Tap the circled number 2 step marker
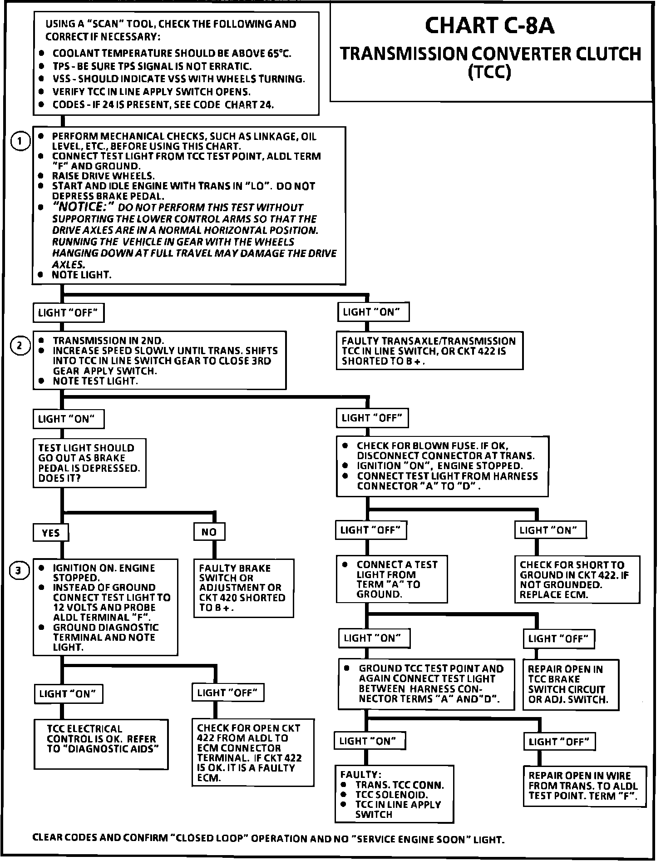[x=20, y=346]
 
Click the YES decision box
[x=51, y=533]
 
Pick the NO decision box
[x=209, y=532]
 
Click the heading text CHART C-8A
[x=489, y=26]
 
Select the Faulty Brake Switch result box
[x=244, y=588]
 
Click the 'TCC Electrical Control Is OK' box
[x=101, y=743]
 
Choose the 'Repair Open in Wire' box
[x=584, y=786]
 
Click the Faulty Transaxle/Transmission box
[x=429, y=351]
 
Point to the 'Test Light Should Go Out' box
[x=89, y=463]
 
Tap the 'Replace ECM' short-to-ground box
[x=577, y=579]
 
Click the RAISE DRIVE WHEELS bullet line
[x=103, y=176]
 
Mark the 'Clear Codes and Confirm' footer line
[x=268, y=839]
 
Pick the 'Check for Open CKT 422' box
[x=252, y=752]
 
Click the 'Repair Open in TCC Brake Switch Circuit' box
[x=571, y=684]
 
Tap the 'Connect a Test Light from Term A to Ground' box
[x=391, y=579]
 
